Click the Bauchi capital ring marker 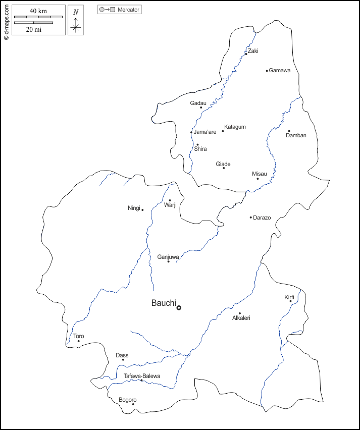coord(179,307)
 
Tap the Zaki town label coord(252,51)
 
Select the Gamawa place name coord(280,70)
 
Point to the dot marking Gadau coord(201,107)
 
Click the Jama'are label coord(205,132)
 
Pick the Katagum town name coord(235,127)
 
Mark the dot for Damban coord(289,131)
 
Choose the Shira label coord(200,149)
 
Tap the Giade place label coord(223,164)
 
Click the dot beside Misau coord(258,179)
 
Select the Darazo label coord(262,218)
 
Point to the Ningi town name coord(134,208)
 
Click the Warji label coord(170,205)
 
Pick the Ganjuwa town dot coord(169,261)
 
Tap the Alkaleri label coord(241,318)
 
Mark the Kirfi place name coord(289,297)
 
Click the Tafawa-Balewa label coord(142,376)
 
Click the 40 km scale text coord(38,11)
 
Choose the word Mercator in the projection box coord(128,10)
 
